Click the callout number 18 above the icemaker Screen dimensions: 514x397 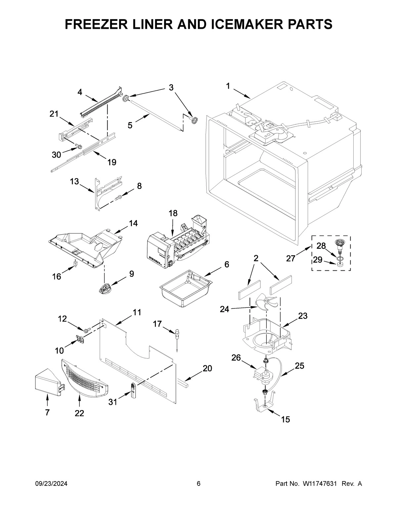[x=173, y=213]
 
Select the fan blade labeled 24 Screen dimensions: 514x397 [x=265, y=302]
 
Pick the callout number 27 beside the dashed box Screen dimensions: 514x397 [x=290, y=258]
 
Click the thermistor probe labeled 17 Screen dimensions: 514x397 [x=177, y=337]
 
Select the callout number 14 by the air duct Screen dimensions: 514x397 [x=133, y=223]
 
